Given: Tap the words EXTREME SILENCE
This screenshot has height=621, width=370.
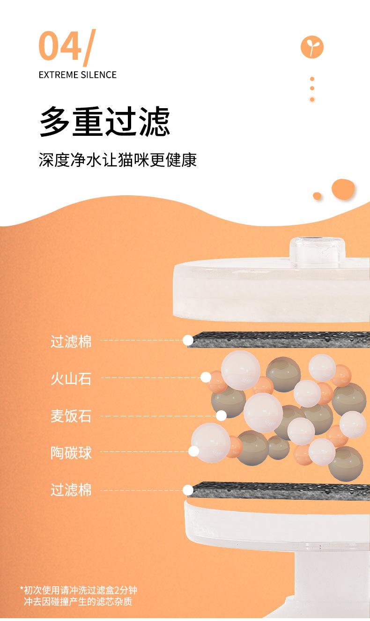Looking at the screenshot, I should [x=77, y=75].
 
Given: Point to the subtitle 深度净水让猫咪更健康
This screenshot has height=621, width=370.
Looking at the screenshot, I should [x=118, y=159].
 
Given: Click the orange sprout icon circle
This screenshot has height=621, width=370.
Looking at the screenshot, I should [x=312, y=47].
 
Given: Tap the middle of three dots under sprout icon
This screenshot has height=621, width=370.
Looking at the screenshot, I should [x=312, y=89].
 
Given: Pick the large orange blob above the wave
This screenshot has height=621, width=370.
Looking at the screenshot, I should [x=343, y=189].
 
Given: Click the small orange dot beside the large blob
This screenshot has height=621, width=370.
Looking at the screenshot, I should [x=317, y=196].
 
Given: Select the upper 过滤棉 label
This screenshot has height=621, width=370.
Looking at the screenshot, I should [x=71, y=341].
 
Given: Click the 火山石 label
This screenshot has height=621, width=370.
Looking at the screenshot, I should [x=71, y=378].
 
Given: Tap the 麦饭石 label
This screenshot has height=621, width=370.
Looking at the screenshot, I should [x=71, y=415].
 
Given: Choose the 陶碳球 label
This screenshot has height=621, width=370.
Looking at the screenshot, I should [x=71, y=452].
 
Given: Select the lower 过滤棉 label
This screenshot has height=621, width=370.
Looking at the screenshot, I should [x=71, y=490].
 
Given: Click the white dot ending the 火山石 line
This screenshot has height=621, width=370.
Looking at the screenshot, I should [x=205, y=377].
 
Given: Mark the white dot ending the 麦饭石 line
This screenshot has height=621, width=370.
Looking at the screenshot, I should [x=221, y=415].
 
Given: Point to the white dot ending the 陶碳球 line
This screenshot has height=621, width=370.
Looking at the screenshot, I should [x=193, y=451].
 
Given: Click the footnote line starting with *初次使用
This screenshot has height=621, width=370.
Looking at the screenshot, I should [x=79, y=590].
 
